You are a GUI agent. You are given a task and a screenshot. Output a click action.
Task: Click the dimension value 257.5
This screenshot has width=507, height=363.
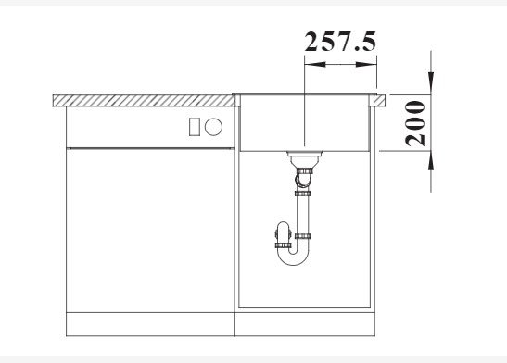point(340,42)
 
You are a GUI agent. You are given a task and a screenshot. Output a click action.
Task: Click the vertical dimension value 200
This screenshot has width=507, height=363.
point(415,123)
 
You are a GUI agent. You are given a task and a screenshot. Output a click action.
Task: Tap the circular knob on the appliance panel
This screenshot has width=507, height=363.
point(213,127)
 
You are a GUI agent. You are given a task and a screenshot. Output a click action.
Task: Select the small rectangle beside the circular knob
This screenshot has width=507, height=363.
point(194,127)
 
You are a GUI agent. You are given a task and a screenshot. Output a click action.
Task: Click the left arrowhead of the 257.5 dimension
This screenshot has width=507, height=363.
point(315,64)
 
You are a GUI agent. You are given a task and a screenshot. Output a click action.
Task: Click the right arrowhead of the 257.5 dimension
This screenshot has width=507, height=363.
point(366,64)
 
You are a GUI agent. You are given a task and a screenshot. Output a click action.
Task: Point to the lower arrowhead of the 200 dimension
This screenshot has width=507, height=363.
point(431,161)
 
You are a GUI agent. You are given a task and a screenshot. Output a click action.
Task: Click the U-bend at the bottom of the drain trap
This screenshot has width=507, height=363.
point(293,258)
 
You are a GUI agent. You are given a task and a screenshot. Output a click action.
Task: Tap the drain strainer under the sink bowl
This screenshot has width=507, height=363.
point(304,158)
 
